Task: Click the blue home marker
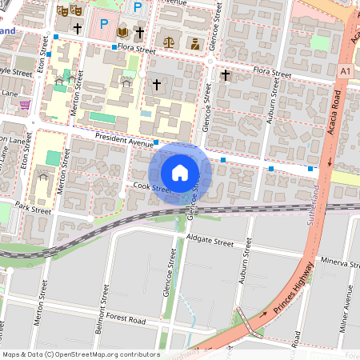point(180,173)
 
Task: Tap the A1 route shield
point(345,72)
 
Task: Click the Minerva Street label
point(339,262)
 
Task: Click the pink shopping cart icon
point(26,104)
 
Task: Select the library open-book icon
point(122,32)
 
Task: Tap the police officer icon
point(194,42)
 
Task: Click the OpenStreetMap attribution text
point(80,354)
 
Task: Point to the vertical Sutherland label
point(310,205)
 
